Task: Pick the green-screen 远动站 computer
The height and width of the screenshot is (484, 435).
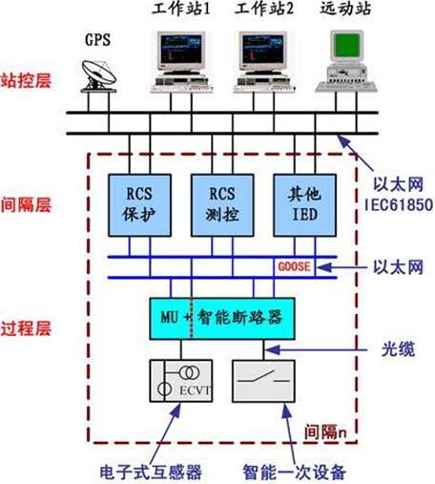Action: click(348, 57)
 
